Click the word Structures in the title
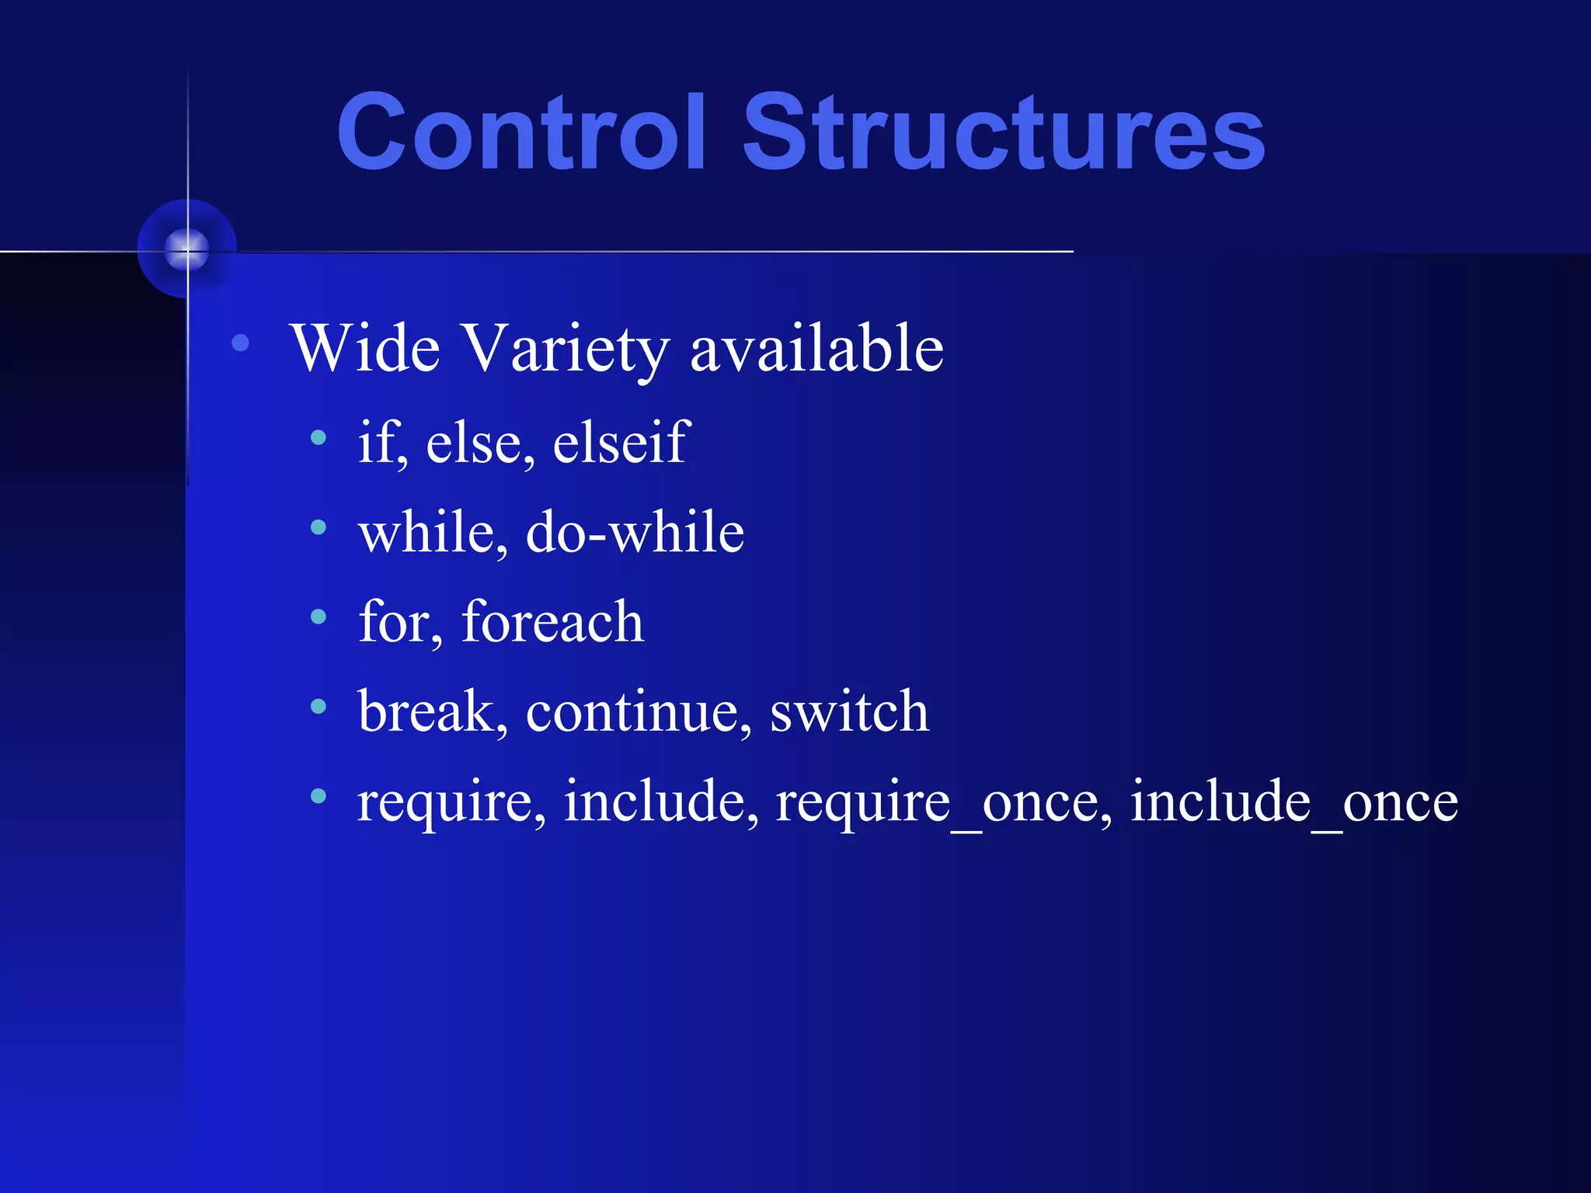tap(1004, 132)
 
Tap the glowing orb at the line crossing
tap(187, 249)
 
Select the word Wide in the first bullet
tap(365, 349)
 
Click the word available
tap(816, 349)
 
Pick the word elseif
tap(621, 443)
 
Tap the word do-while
tap(635, 533)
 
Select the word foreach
tap(552, 622)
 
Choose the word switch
tap(849, 711)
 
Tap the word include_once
tap(1293, 802)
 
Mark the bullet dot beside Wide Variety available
tap(241, 343)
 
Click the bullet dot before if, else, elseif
tap(318, 438)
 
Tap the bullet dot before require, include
tap(318, 796)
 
